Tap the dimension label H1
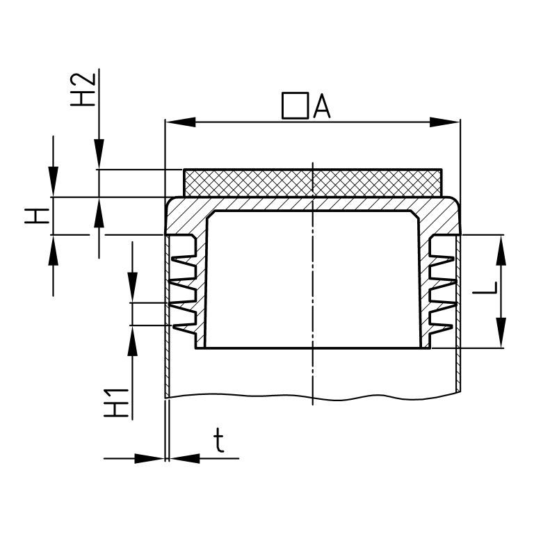(x=119, y=402)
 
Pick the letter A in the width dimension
(x=321, y=106)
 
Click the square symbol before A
(x=294, y=106)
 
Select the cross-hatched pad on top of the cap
(x=312, y=182)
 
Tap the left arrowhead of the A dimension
(x=178, y=122)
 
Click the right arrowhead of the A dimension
(x=447, y=122)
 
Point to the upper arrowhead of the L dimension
(x=500, y=250)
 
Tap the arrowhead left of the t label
(x=149, y=458)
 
